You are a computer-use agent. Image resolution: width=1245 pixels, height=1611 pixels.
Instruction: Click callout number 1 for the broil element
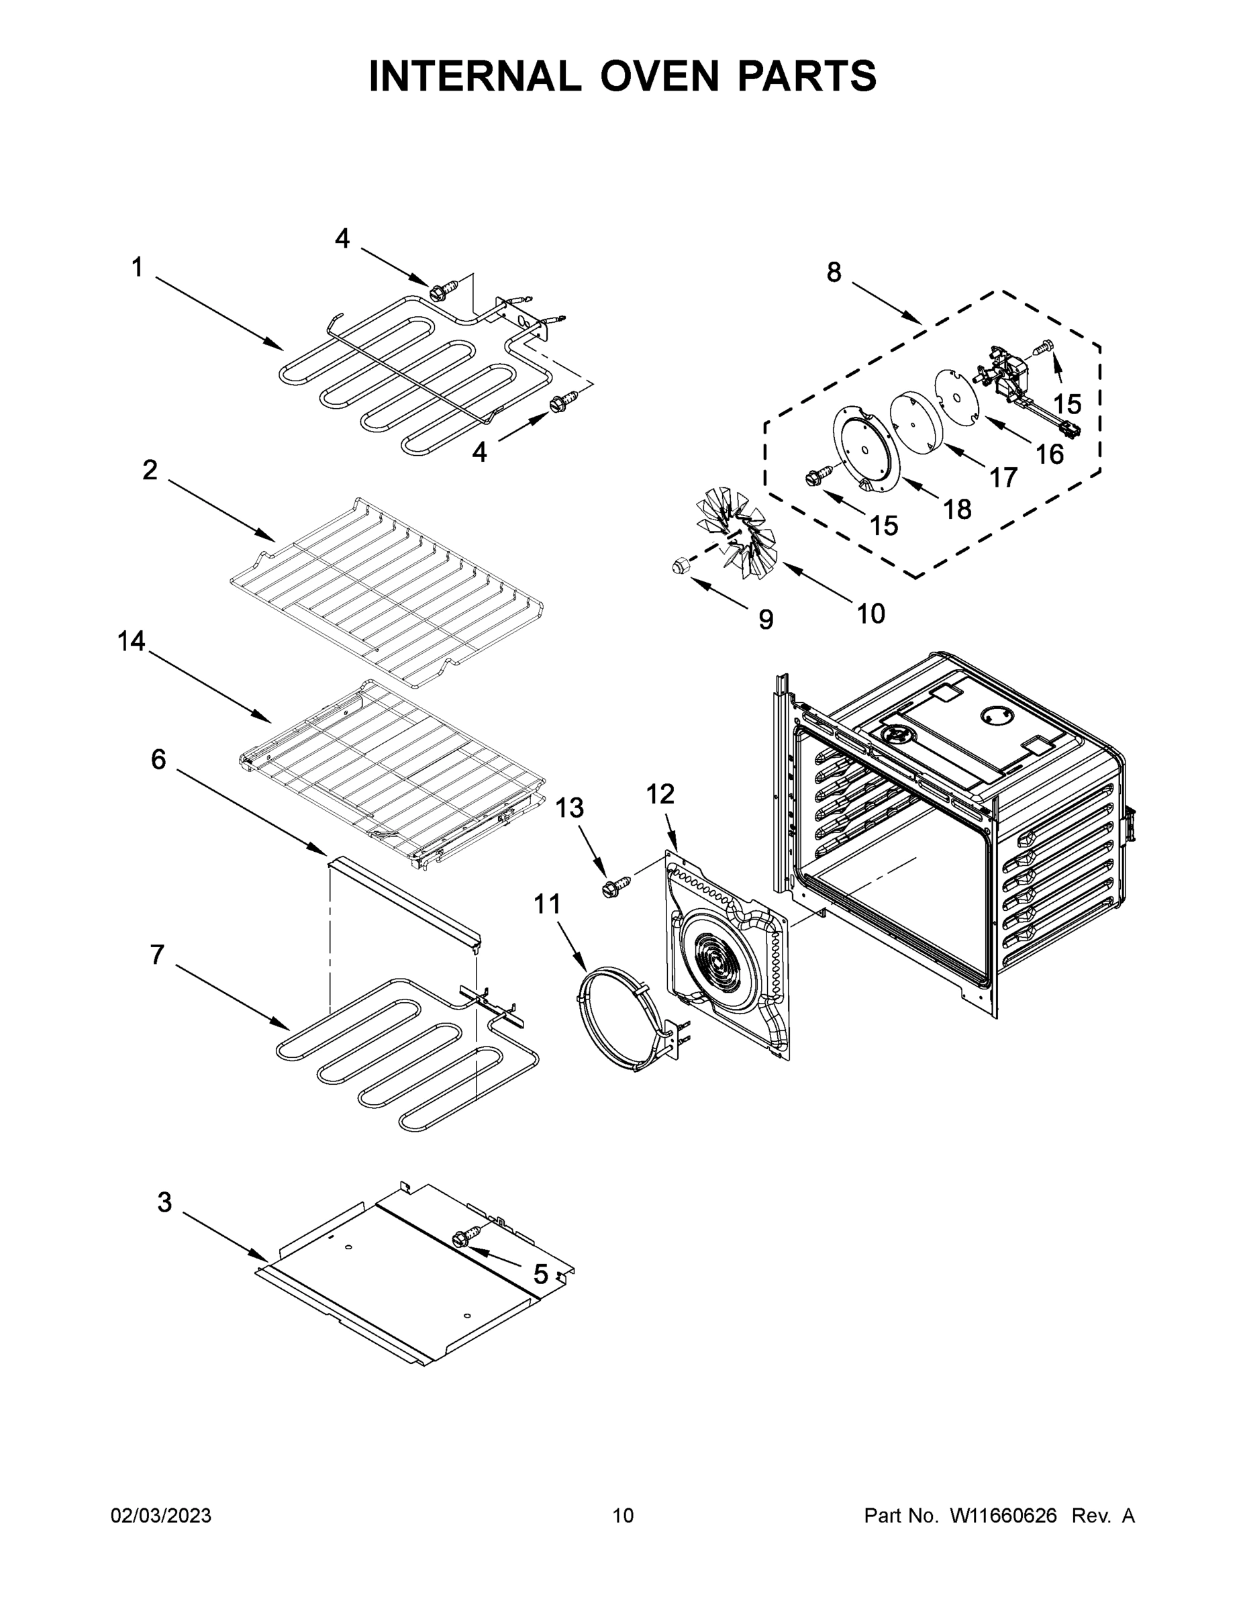point(137,267)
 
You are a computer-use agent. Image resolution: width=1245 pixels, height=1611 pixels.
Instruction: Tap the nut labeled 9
point(679,567)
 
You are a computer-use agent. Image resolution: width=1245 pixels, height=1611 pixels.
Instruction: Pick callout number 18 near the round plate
point(957,509)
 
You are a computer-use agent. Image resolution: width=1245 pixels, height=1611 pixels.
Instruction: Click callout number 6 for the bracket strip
point(158,759)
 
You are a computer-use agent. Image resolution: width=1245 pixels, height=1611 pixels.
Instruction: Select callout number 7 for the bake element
point(157,955)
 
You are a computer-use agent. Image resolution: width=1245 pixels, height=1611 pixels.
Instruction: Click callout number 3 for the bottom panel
point(164,1202)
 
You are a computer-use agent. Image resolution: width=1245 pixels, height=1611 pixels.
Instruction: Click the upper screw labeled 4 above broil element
point(440,291)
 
